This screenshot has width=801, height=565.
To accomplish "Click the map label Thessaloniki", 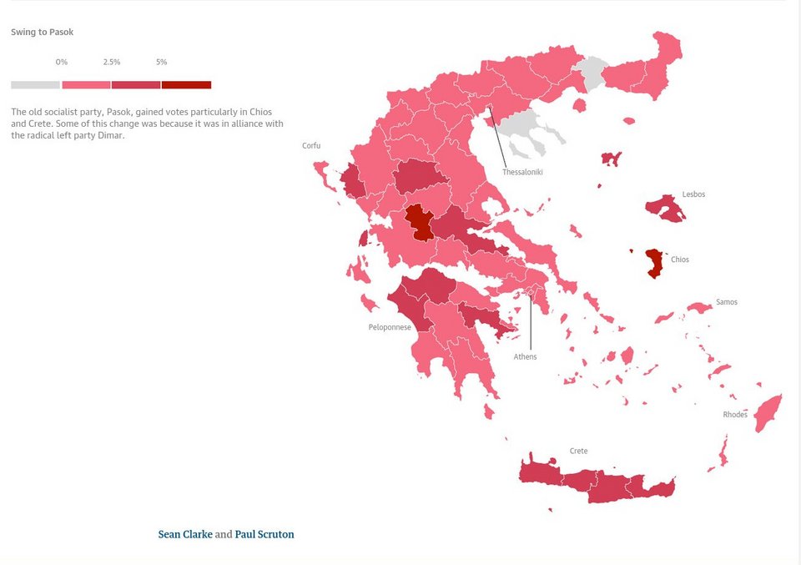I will tap(522, 172).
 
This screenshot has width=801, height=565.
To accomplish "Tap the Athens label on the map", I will tap(525, 357).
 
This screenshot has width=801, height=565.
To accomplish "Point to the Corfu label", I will tap(311, 146).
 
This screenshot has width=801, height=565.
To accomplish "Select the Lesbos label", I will tap(693, 194).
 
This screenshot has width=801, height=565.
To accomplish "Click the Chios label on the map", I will tap(680, 260).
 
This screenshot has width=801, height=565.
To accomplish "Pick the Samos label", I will tap(726, 302).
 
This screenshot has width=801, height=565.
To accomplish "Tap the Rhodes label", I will tap(735, 415).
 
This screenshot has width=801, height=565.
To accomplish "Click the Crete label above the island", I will tap(578, 451).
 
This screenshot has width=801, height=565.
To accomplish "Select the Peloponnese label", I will tap(390, 327).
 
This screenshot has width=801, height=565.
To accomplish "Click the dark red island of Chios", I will tap(655, 263).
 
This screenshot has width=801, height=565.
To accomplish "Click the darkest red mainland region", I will tap(419, 220).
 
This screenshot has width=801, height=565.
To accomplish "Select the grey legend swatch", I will tap(35, 84).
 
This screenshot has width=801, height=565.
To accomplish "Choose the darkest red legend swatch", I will tap(186, 84).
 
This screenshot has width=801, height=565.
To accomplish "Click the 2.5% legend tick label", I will tap(111, 63).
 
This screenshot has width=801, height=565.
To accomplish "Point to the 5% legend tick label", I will tap(161, 63).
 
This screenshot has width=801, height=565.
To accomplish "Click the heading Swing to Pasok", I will tap(42, 33).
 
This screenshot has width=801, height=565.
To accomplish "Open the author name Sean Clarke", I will tap(185, 534).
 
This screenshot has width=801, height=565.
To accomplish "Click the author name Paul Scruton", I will tap(264, 534).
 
